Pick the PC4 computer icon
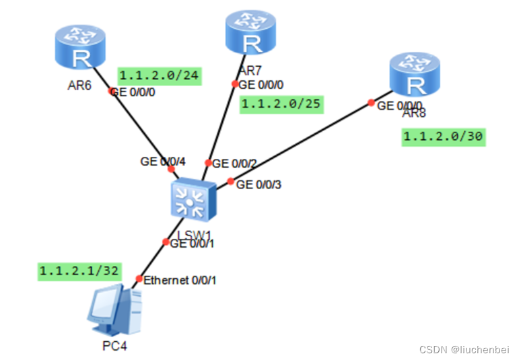(114, 310)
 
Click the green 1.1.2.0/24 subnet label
(160, 76)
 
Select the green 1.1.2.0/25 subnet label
(282, 104)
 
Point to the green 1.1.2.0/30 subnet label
(443, 137)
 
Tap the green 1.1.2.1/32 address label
(79, 271)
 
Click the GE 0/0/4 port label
(162, 161)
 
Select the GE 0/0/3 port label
(259, 184)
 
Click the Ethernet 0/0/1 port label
(179, 279)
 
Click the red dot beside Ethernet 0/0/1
(139, 279)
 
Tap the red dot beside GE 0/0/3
(230, 182)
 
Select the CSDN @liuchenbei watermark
(464, 349)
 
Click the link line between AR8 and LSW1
(303, 142)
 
